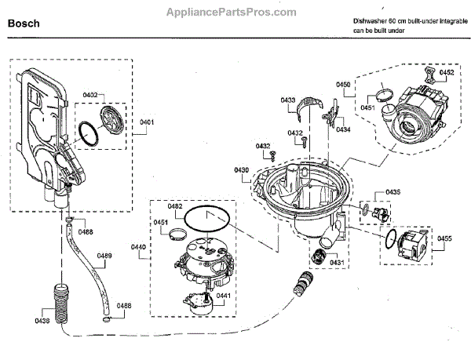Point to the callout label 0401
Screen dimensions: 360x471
pyautogui.click(x=147, y=122)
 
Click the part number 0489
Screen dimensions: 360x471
pyautogui.click(x=104, y=256)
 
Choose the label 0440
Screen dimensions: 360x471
pyautogui.click(x=138, y=248)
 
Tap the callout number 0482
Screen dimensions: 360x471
pyautogui.click(x=174, y=206)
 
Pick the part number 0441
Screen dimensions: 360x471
pyautogui.click(x=222, y=296)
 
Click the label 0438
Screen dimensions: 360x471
pyautogui.click(x=42, y=320)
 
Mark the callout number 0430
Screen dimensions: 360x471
pyautogui.click(x=241, y=170)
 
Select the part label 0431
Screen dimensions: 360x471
pyautogui.click(x=338, y=261)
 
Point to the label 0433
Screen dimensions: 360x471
pyautogui.click(x=287, y=100)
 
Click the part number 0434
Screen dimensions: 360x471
pyautogui.click(x=343, y=129)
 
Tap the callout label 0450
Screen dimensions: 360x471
pyautogui.click(x=343, y=84)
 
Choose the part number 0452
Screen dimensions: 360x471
pyautogui.click(x=446, y=73)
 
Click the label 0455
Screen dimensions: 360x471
pyautogui.click(x=444, y=238)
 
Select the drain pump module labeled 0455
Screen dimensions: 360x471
pyautogui.click(x=411, y=245)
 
